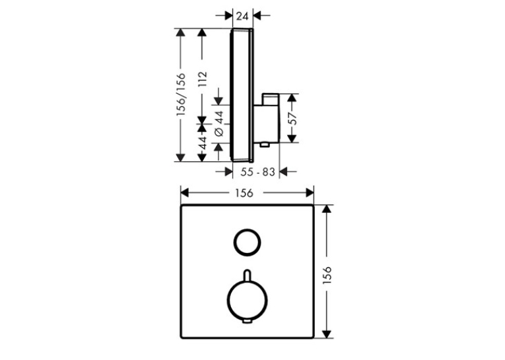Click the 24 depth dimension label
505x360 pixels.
242,15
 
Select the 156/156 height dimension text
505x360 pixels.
182,94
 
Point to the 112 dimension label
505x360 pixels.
202,79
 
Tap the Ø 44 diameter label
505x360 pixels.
219,124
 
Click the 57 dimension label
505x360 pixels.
292,118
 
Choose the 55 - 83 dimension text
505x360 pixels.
257,172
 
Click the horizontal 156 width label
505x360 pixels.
244,193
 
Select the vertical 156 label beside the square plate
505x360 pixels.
327,275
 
